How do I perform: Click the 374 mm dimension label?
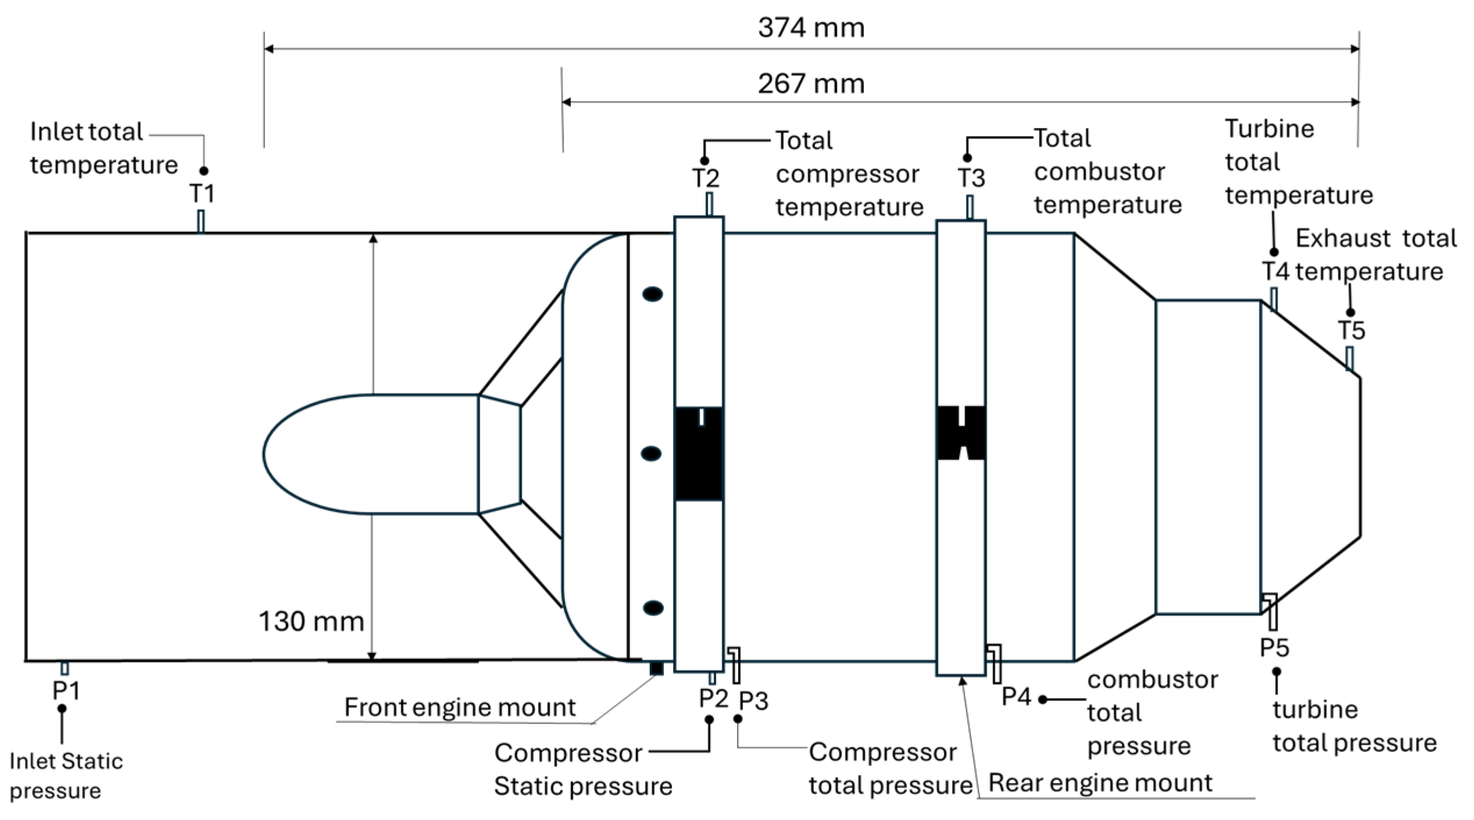[811, 28]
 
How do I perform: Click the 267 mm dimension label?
[811, 84]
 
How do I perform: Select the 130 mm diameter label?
[311, 621]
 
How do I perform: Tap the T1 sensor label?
[202, 193]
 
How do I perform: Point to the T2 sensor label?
[705, 178]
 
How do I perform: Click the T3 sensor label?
[971, 178]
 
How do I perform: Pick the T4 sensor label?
[1275, 271]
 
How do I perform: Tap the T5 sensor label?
[1351, 331]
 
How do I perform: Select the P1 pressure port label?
[66, 690]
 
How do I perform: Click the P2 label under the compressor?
[713, 698]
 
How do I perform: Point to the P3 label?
[753, 701]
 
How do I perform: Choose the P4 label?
[1016, 697]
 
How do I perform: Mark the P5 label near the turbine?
[1274, 648]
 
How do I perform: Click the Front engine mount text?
[459, 708]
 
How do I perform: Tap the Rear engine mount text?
[1100, 783]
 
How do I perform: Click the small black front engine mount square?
[656, 668]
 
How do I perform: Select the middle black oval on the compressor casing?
[652, 454]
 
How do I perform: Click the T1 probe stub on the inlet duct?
[201, 221]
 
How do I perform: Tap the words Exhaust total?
[1376, 238]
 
